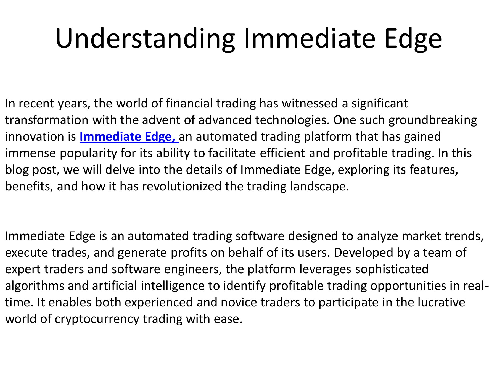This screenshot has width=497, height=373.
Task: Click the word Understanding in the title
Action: coord(145,39)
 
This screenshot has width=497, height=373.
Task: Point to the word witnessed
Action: coord(310,104)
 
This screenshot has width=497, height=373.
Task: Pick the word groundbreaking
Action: coord(433,120)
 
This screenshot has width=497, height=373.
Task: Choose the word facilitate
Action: coord(232,153)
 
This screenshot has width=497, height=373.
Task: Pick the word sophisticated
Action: coord(392,269)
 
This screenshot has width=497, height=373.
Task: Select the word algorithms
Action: coord(35,286)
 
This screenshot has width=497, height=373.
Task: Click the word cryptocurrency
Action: coord(97,319)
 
